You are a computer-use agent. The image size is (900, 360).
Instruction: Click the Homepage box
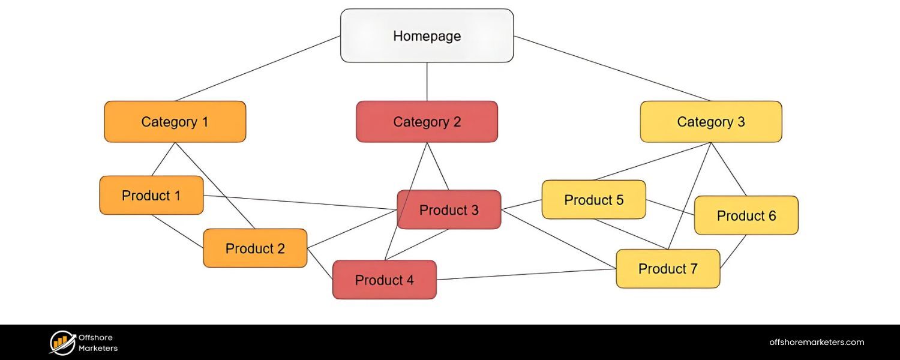(427, 36)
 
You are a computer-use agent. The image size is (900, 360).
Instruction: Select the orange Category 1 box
(175, 122)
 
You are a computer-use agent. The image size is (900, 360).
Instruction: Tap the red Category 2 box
(427, 122)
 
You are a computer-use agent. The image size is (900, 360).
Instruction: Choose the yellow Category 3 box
(710, 122)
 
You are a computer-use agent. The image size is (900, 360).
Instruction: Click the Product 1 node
(151, 196)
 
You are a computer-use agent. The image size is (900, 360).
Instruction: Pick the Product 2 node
(255, 248)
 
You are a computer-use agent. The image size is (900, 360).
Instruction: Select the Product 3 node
(449, 210)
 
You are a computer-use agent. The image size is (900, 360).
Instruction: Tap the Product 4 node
(385, 280)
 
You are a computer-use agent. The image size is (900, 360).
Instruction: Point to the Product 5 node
(593, 200)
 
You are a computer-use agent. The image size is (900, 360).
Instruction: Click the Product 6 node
(746, 215)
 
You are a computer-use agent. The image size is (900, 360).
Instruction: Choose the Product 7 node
(668, 269)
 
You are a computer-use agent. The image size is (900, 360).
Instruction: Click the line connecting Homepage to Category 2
(427, 82)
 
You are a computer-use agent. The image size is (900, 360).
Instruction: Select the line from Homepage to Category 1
(258, 68)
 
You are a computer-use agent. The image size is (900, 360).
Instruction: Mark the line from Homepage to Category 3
(612, 68)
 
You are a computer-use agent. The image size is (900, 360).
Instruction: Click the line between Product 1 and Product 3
(300, 203)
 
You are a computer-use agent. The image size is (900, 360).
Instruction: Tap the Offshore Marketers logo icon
(62, 343)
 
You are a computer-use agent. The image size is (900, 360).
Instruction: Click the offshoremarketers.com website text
(817, 343)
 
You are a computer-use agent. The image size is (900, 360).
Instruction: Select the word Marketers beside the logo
(98, 348)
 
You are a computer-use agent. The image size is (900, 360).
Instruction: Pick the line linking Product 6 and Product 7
(733, 251)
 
